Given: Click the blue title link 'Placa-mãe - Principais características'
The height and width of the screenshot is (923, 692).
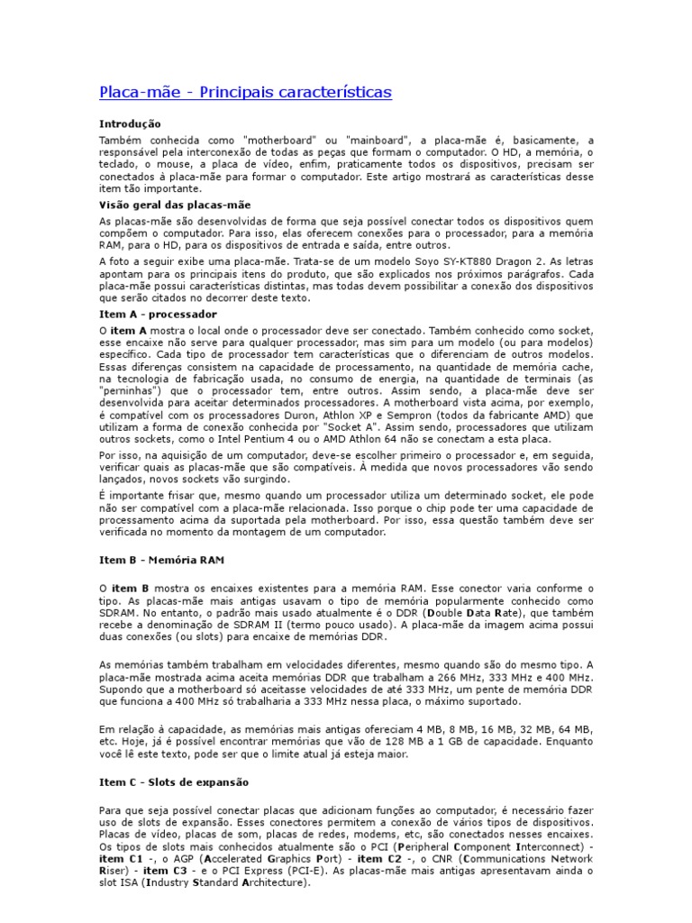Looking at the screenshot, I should click(x=245, y=93).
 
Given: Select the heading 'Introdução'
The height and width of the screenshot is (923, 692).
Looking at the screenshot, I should click(x=130, y=123).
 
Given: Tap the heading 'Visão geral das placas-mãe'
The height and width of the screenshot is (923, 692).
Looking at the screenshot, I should click(x=162, y=206).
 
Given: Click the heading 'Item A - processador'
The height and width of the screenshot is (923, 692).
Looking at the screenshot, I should click(x=158, y=314).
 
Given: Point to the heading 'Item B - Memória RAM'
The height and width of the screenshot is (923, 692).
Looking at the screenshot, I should click(x=161, y=560).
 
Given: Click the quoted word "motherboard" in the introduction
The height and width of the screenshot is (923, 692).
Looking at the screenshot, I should click(x=278, y=142).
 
